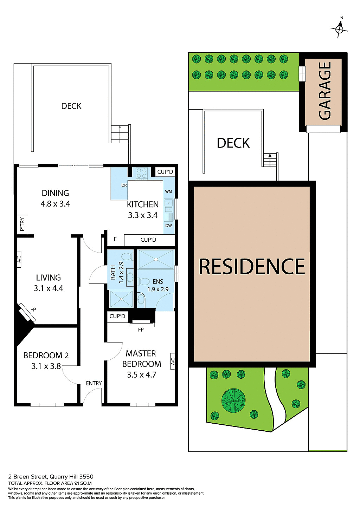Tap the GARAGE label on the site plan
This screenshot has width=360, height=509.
(324, 91)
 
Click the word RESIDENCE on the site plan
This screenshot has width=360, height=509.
(252, 267)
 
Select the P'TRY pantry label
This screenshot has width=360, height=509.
(22, 224)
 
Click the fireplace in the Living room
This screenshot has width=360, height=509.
(27, 312)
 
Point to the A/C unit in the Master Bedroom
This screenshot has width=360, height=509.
(173, 361)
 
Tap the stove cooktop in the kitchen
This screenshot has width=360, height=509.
(142, 174)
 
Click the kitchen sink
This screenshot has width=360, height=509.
(168, 206)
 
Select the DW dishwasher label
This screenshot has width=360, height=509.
(168, 226)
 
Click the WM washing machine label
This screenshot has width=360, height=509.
(168, 191)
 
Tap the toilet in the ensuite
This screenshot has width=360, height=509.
(144, 281)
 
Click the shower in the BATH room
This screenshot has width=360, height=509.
(121, 299)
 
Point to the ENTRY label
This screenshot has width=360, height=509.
(94, 383)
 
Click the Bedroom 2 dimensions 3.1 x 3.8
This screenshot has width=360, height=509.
(46, 366)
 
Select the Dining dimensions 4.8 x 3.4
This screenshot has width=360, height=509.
(55, 204)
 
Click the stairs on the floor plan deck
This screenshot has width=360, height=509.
(120, 133)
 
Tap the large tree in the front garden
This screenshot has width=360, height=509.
(233, 400)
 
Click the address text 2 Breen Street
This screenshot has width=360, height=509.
(27, 477)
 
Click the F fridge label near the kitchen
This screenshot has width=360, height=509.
(115, 240)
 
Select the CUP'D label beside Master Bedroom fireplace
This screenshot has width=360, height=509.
(117, 316)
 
